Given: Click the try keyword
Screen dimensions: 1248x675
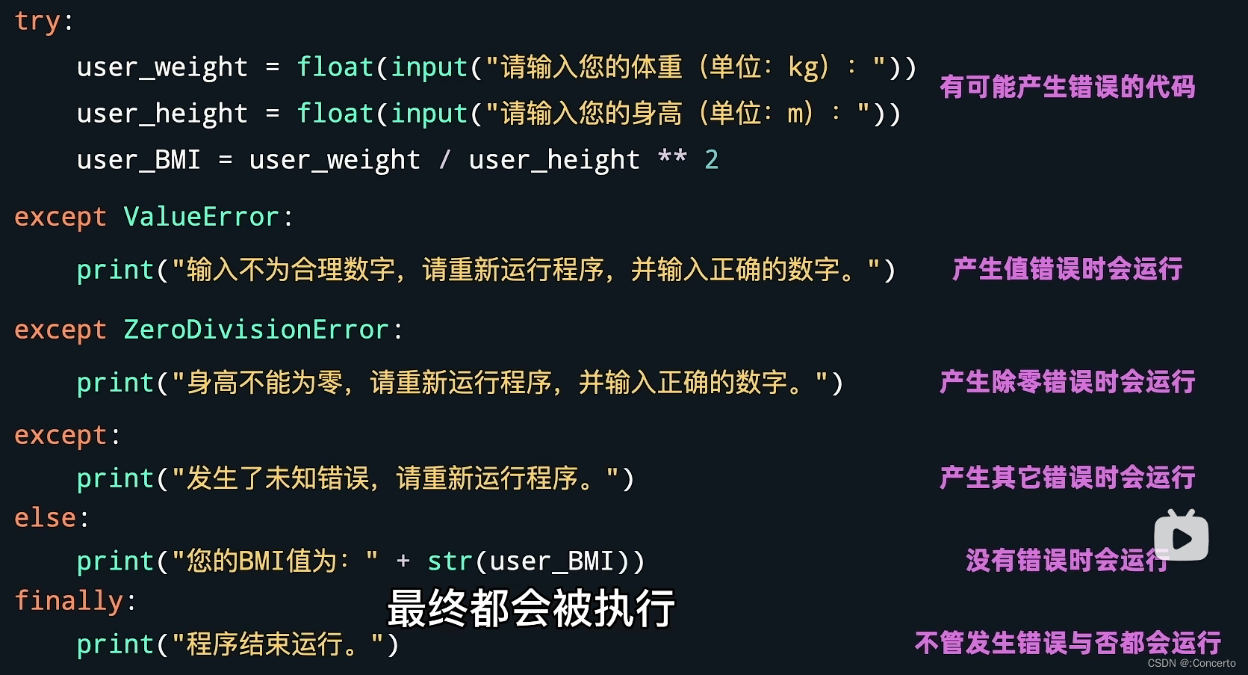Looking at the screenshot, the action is click(x=37, y=22).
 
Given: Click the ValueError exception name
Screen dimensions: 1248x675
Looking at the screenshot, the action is click(x=201, y=217).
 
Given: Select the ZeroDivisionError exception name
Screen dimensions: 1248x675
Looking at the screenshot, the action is click(x=255, y=330).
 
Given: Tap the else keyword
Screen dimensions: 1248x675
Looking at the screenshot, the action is click(x=45, y=518).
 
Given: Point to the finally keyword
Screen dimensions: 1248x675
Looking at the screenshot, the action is click(x=69, y=601).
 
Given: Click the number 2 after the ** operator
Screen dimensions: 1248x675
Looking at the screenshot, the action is click(x=711, y=159).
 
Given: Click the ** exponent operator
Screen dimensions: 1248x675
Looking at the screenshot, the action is click(x=672, y=158).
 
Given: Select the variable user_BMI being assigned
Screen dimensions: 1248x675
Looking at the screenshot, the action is click(x=139, y=160).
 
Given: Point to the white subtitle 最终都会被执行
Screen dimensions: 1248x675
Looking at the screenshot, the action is click(x=531, y=608).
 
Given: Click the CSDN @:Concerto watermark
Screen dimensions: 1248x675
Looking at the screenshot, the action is click(x=1191, y=663).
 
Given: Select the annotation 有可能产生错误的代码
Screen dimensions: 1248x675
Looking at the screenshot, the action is click(x=1067, y=87).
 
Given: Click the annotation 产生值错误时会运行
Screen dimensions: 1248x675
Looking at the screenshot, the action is click(x=1067, y=269).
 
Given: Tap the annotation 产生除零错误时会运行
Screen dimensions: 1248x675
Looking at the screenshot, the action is click(x=1067, y=382).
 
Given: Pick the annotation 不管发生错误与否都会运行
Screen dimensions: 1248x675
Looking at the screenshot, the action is click(x=1067, y=643).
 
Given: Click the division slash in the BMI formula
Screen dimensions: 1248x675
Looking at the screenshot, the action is click(x=445, y=159).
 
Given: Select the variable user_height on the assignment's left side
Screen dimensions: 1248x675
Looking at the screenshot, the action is click(x=162, y=114).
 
